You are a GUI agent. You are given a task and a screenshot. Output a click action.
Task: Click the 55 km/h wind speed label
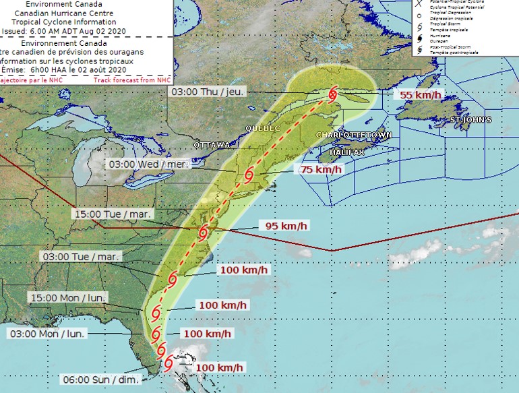coord(420,95)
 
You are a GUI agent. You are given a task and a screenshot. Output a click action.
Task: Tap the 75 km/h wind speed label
coord(322,170)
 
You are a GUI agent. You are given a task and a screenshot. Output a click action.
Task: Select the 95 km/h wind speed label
coord(287,226)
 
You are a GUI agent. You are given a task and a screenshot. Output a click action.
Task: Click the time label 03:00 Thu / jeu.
coord(208,91)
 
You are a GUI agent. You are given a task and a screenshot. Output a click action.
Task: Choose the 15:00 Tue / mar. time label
coord(113,214)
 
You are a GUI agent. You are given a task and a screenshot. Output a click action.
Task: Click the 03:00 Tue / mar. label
coord(81,257)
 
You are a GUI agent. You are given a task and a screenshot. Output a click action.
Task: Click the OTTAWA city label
coord(212,146)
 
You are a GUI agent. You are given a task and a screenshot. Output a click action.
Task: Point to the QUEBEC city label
coord(262,128)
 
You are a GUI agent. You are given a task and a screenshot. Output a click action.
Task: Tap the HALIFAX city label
coord(347,153)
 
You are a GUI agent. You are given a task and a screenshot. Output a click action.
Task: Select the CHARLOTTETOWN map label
coord(354,135)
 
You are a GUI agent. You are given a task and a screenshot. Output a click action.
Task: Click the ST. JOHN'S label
coord(470,120)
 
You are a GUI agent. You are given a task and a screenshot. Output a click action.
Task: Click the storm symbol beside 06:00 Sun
coord(167,363)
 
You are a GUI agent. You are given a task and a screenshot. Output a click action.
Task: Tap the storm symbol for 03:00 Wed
coord(249,175)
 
